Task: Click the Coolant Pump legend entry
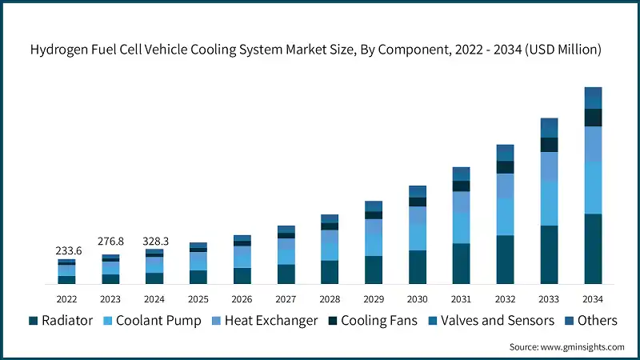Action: pyautogui.click(x=154, y=321)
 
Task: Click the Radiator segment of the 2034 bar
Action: pyautogui.click(x=593, y=249)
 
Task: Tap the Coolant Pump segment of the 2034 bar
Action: pyautogui.click(x=593, y=187)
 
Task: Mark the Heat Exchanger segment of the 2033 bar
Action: pyautogui.click(x=549, y=166)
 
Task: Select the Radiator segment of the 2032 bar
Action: pyautogui.click(x=505, y=260)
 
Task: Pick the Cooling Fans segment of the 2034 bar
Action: pyautogui.click(x=593, y=118)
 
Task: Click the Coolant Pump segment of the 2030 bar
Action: pyautogui.click(x=418, y=238)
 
